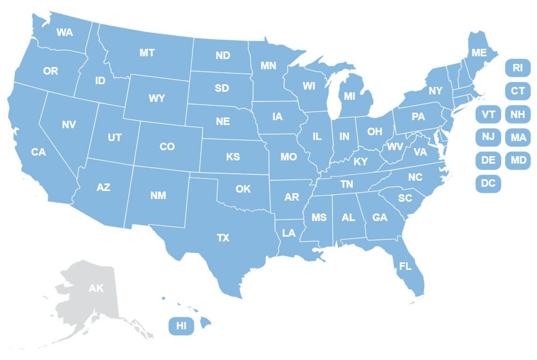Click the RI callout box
(518, 68)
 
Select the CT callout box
(518, 91)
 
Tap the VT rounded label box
(488, 114)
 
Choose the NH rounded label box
(518, 114)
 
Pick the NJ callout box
(488, 137)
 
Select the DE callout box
(488, 160)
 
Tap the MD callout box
(518, 160)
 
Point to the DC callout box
(488, 183)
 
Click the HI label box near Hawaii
(182, 326)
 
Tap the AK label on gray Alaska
(96, 289)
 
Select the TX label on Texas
(223, 238)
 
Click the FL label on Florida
(405, 266)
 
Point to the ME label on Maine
(478, 53)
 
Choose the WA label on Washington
(64, 32)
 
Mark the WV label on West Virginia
(395, 146)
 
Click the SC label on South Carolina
(405, 198)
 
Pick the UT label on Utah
(114, 138)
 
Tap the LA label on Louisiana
(289, 233)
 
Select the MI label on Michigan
(350, 97)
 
